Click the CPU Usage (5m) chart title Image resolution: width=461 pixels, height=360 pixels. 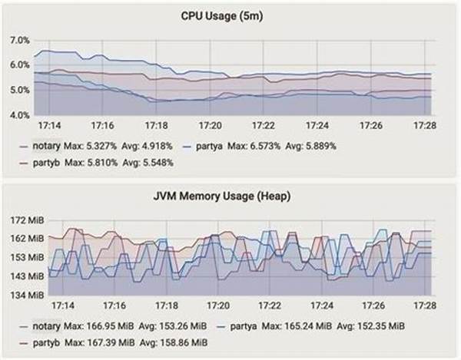tap(230, 15)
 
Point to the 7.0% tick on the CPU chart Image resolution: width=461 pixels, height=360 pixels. tap(18, 40)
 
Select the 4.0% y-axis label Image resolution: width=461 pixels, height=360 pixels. tap(18, 115)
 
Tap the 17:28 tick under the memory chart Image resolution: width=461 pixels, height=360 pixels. tap(425, 305)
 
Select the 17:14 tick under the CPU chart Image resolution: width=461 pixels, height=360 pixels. tap(48, 124)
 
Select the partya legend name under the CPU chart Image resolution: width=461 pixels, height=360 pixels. tap(211, 145)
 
